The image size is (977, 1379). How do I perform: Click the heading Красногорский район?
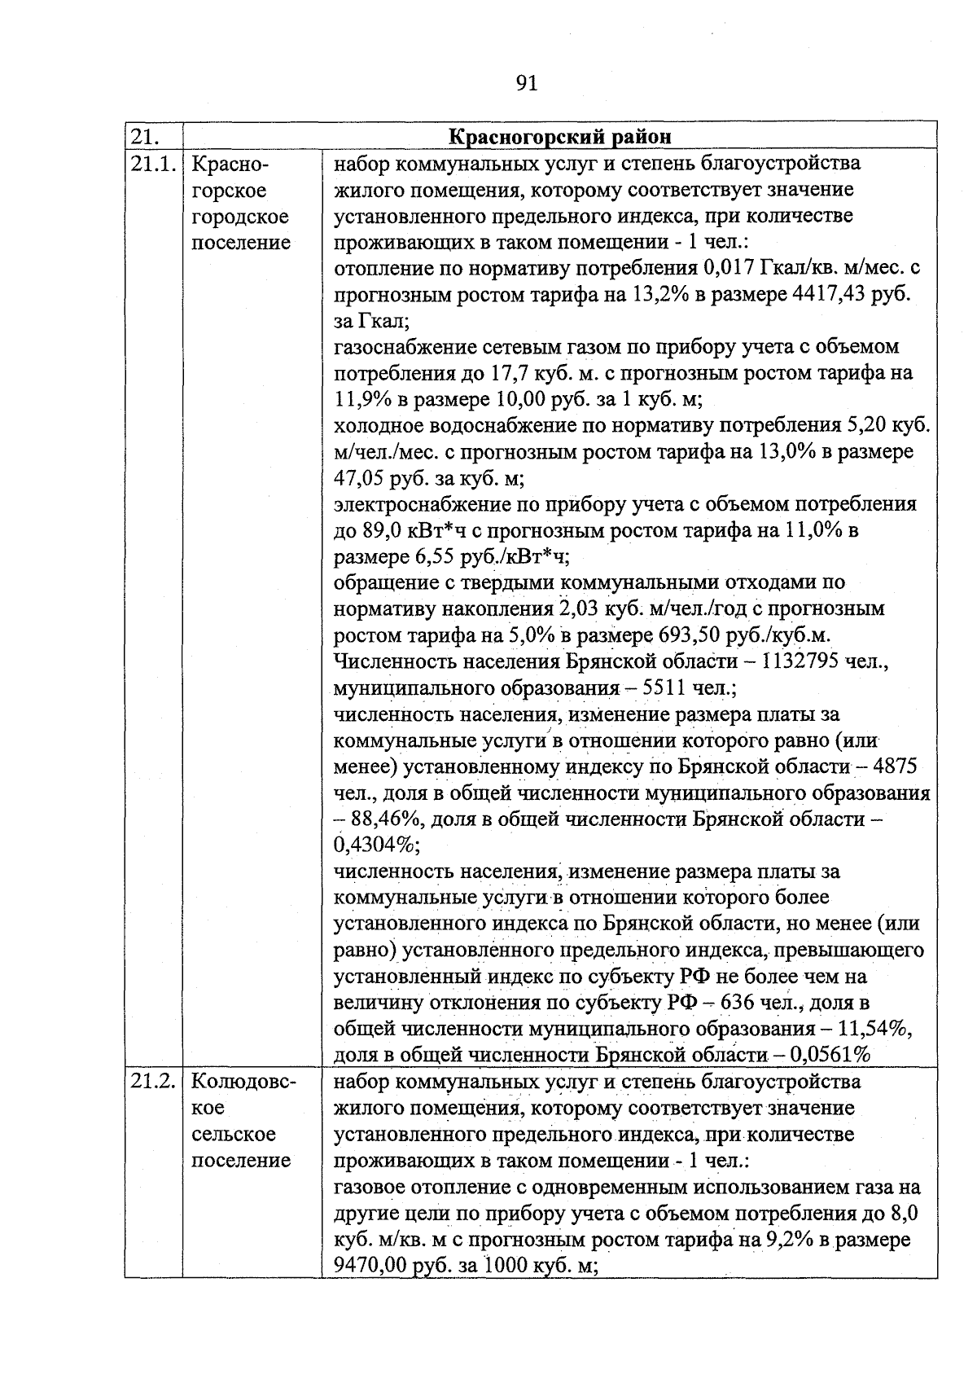(560, 136)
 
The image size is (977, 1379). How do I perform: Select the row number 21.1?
(153, 164)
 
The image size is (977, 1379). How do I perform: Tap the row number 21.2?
(153, 1083)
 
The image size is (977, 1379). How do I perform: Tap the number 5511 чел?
(688, 688)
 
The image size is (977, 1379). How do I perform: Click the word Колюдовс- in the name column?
(243, 1083)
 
